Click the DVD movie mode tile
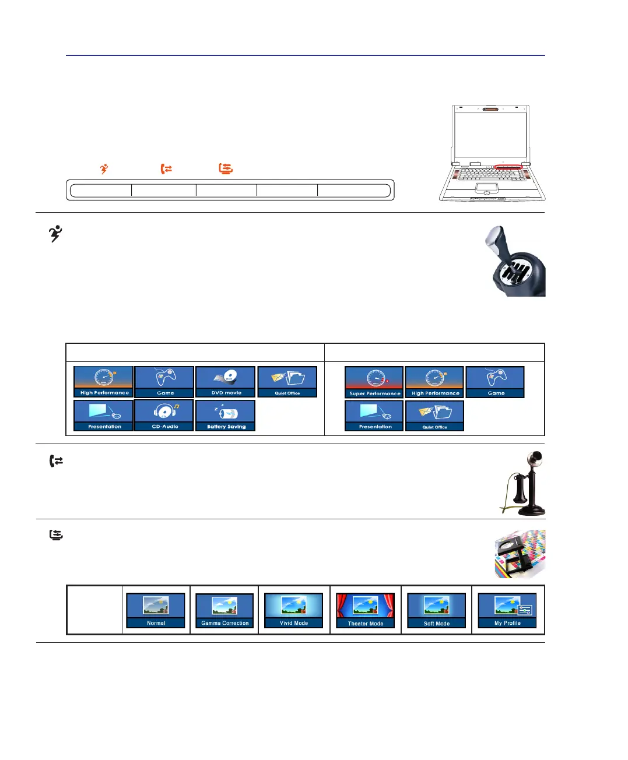pos(226,381)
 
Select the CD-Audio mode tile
pos(164,415)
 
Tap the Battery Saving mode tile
pos(226,415)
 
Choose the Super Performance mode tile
pos(374,381)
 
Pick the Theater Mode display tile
pos(366,610)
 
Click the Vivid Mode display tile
pos(294,610)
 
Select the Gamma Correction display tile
pos(224,610)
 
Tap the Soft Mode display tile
pos(436,610)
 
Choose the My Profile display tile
pos(507,610)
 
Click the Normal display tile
pos(156,610)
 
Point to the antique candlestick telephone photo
pos(523,483)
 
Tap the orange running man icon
pos(104,168)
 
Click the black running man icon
pos(55,233)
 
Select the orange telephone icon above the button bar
pos(166,168)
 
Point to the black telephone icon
pos(56,461)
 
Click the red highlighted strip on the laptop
pos(508,167)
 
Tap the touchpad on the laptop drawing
pos(486,188)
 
